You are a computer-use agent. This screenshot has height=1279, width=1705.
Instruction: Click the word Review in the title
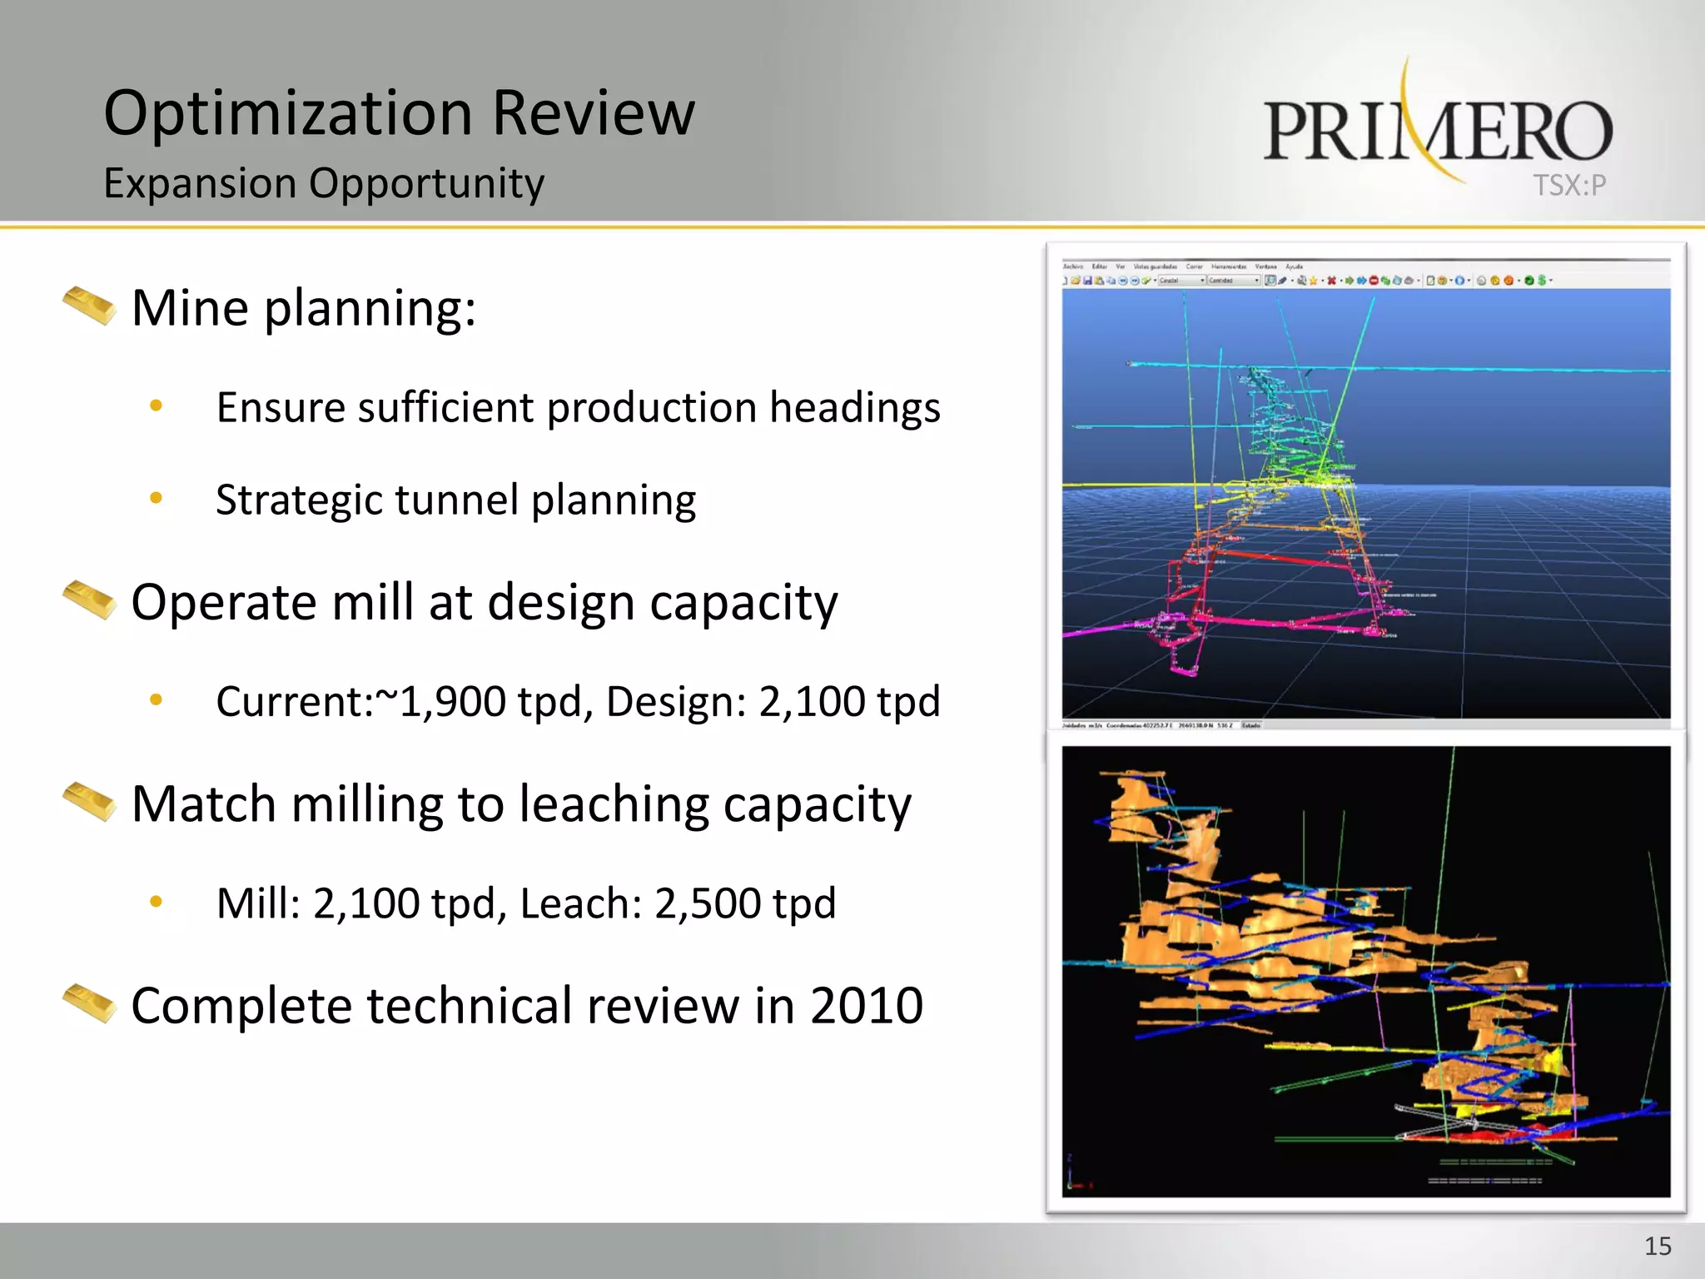pyautogui.click(x=593, y=114)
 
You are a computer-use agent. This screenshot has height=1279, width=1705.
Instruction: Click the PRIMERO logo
pyautogui.click(x=1437, y=130)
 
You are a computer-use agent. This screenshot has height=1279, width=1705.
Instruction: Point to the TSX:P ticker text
pyautogui.click(x=1569, y=185)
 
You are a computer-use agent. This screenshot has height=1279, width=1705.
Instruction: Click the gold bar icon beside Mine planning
pyautogui.click(x=89, y=306)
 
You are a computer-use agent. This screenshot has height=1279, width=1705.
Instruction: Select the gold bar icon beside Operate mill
pyautogui.click(x=89, y=600)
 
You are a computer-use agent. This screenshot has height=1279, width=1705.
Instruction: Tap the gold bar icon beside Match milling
pyautogui.click(x=89, y=801)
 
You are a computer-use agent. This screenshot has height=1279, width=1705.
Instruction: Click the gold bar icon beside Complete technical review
pyautogui.click(x=89, y=1003)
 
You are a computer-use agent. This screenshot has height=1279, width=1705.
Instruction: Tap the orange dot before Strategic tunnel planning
pyautogui.click(x=156, y=499)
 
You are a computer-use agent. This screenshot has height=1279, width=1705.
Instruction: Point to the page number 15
pyautogui.click(x=1658, y=1247)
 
